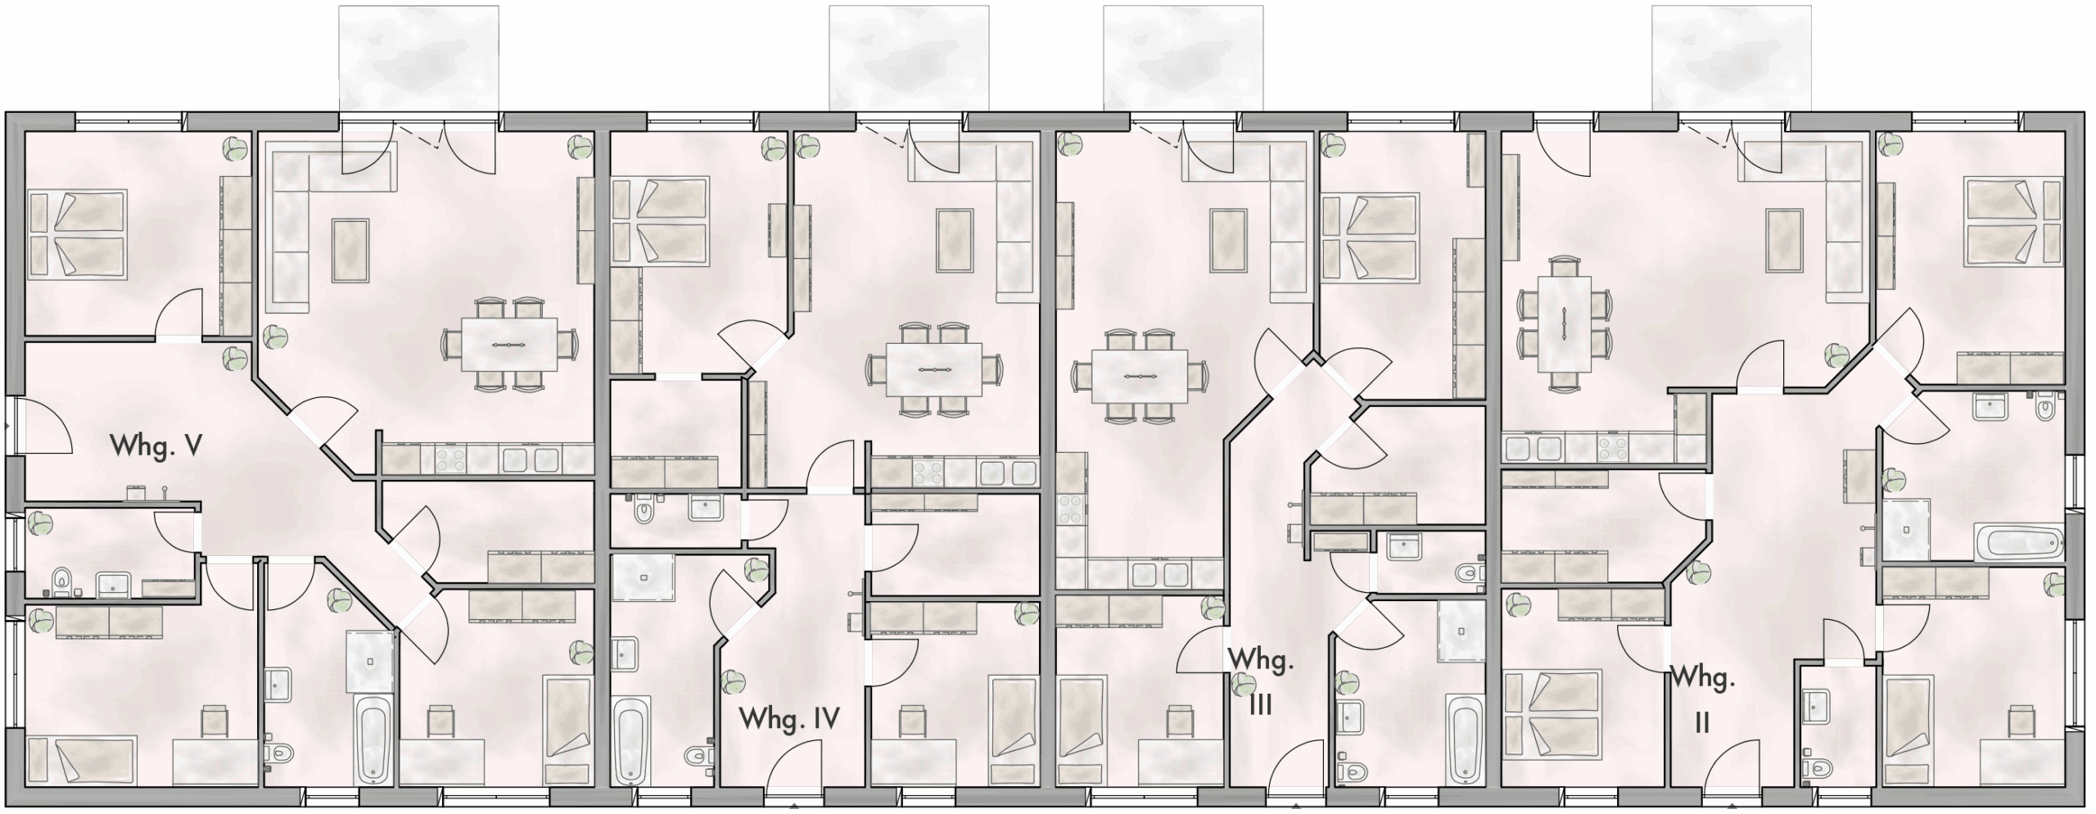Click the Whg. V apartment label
click(156, 446)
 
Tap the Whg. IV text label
click(789, 719)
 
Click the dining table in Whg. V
click(509, 345)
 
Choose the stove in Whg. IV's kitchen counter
click(928, 473)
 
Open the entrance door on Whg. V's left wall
click(46, 426)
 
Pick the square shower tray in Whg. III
click(1461, 631)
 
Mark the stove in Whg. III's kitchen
click(1071, 509)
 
